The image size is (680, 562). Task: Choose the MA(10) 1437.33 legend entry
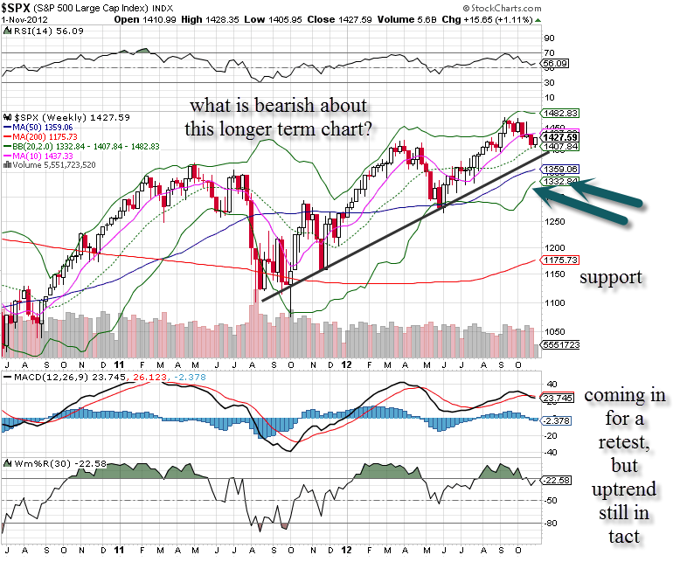click(x=44, y=154)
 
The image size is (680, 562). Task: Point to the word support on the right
click(x=611, y=277)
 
